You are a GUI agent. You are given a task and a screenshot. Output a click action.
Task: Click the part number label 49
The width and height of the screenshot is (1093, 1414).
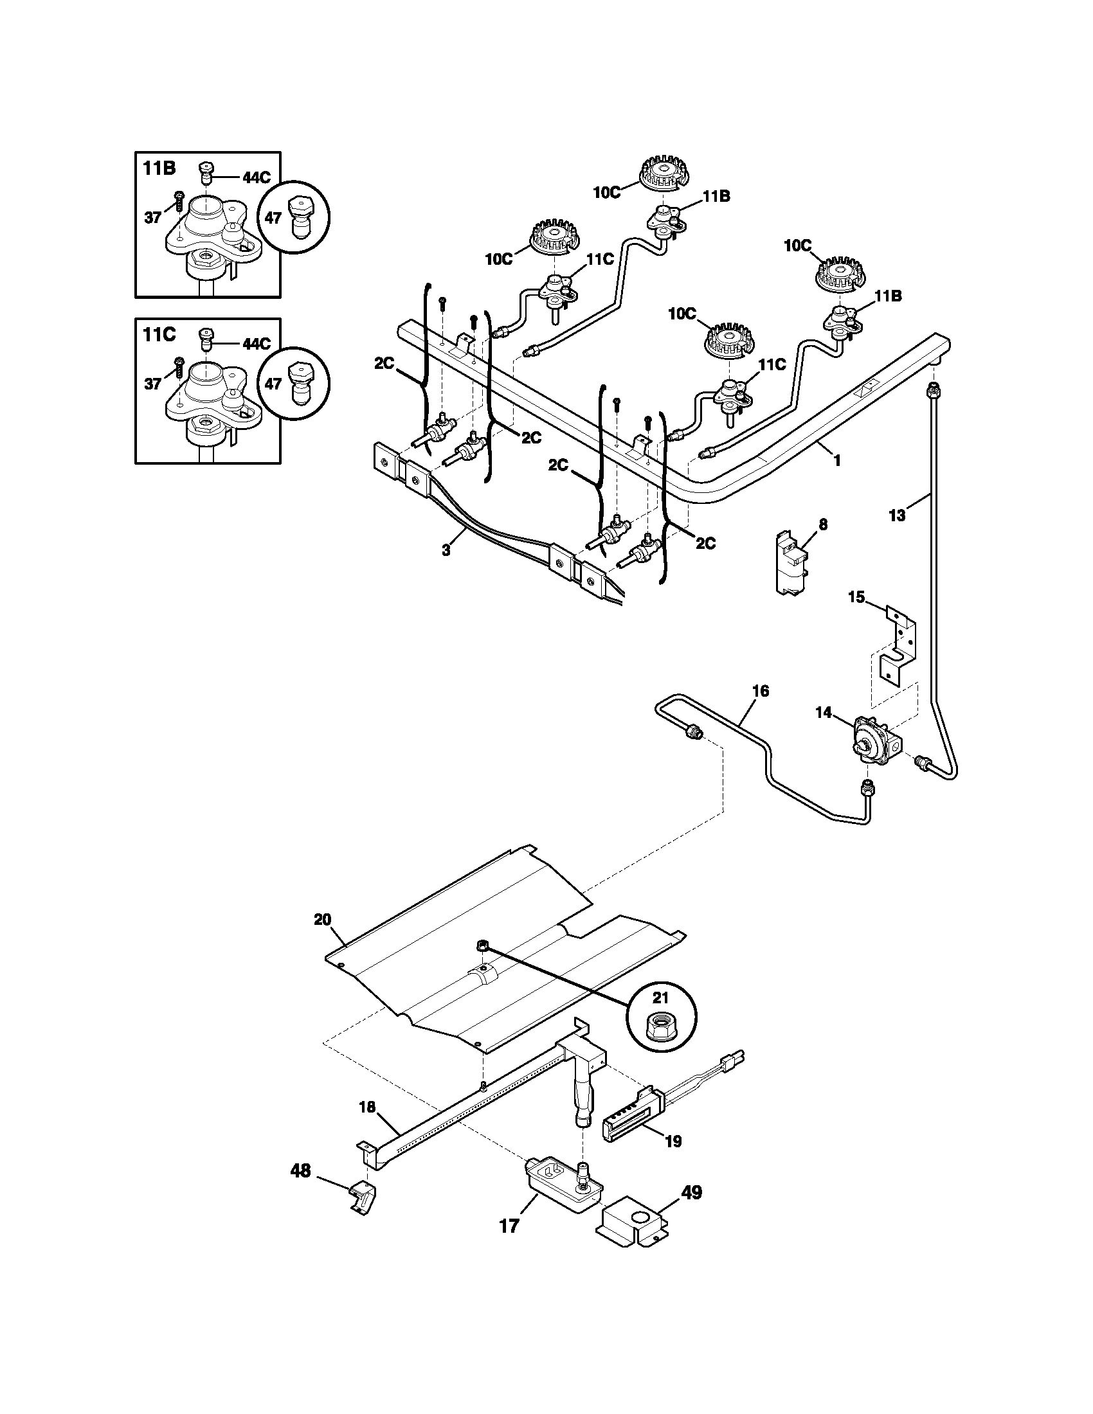[x=692, y=1192]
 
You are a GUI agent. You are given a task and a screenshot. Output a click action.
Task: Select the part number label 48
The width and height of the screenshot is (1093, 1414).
[x=300, y=1170]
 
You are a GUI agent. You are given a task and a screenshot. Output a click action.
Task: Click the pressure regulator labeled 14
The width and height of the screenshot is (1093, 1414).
[x=872, y=738]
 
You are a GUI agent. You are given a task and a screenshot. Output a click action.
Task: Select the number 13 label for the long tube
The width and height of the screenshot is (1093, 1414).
[x=897, y=515]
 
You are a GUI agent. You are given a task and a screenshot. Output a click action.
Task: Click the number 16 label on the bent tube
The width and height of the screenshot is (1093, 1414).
[x=761, y=691]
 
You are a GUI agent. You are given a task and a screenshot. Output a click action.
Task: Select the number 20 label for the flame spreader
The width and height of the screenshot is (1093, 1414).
[x=323, y=919]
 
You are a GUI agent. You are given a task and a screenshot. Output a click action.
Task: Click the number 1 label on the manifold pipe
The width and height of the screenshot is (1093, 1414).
[x=837, y=460]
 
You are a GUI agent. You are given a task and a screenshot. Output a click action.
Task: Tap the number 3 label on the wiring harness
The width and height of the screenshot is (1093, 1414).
[x=446, y=550]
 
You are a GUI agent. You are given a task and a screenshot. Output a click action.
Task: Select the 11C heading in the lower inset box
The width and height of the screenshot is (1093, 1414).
[x=159, y=335]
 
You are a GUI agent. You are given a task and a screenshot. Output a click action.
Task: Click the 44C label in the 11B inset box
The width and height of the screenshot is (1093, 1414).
[x=257, y=178]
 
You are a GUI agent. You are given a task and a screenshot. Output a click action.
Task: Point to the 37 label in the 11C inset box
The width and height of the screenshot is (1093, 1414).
[x=152, y=384]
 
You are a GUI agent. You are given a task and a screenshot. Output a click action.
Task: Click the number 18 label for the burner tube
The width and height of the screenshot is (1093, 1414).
[x=367, y=1107]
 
